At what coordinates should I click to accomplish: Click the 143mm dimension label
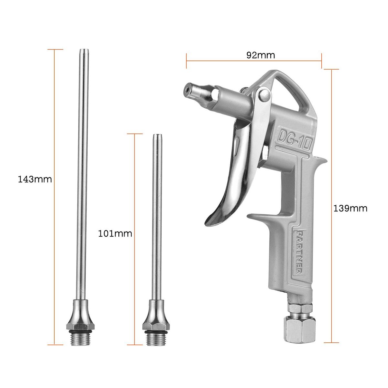[35, 179]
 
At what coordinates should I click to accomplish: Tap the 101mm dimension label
[115, 234]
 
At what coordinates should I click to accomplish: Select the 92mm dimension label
[261, 55]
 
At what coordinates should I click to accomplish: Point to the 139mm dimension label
[350, 209]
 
